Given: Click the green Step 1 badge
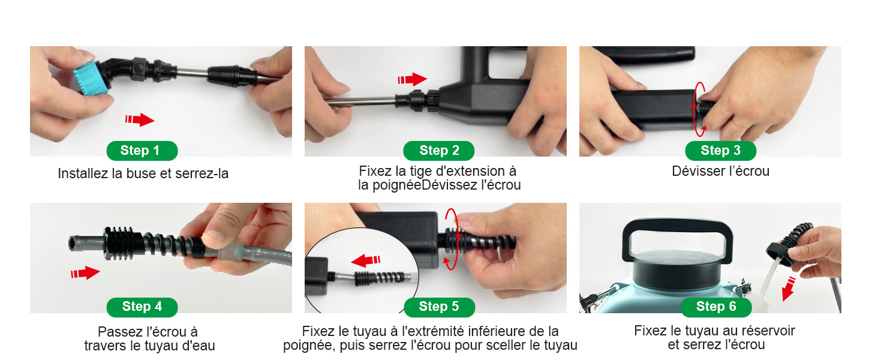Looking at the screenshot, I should click(x=142, y=151).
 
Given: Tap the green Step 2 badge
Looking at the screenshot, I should click(x=438, y=151).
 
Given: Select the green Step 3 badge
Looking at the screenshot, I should click(x=720, y=151).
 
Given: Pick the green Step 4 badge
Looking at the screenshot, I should click(x=142, y=307).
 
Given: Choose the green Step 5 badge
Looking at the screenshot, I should click(x=438, y=307).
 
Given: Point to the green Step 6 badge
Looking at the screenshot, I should click(x=715, y=307).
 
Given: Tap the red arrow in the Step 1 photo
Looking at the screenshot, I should click(x=140, y=120).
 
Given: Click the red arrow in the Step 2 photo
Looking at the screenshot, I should click(x=412, y=79).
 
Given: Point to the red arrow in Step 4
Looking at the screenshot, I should click(x=85, y=273).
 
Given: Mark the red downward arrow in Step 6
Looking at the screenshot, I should click(x=789, y=289).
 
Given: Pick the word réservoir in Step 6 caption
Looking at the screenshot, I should click(x=768, y=331).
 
